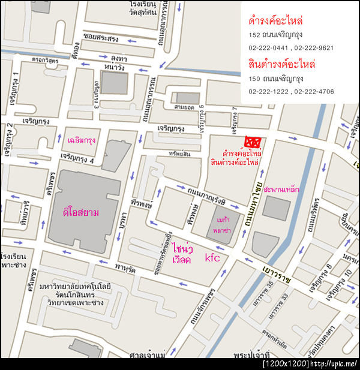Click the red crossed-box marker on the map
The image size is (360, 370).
click(252, 142)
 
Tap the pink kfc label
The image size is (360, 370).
click(213, 258)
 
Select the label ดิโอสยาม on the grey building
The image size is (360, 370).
click(80, 212)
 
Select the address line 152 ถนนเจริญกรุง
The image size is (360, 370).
click(275, 35)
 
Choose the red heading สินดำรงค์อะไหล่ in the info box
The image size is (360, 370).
click(281, 64)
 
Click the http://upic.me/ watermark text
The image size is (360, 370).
click(335, 364)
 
